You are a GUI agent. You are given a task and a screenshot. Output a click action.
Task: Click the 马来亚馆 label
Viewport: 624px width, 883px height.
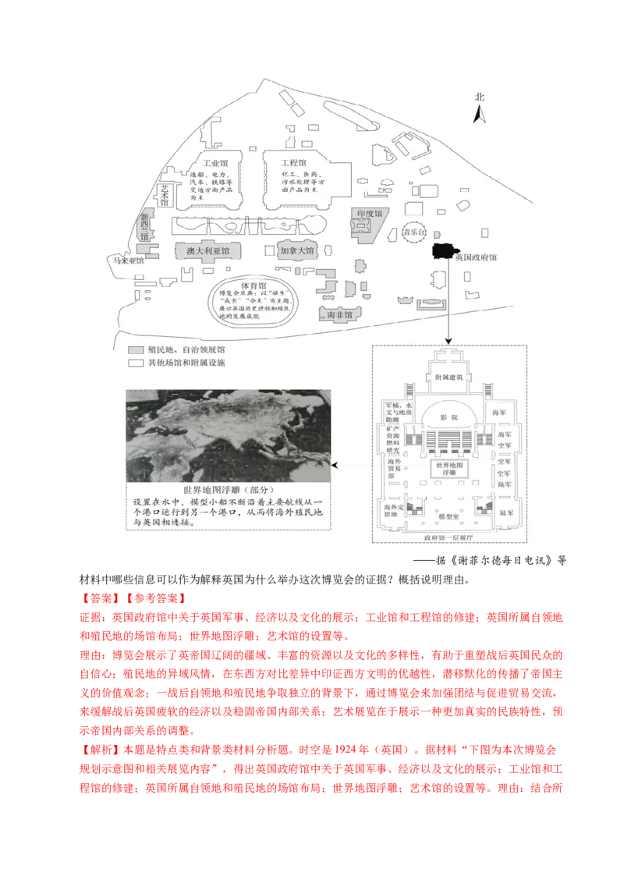coord(129,261)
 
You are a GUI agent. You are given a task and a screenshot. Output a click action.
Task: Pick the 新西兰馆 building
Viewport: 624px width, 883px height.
coord(144,226)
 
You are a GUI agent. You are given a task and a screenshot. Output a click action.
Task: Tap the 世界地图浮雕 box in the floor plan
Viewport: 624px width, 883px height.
coord(448,470)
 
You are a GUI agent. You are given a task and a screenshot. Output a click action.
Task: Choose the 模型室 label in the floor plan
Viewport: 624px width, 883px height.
coord(448,516)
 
